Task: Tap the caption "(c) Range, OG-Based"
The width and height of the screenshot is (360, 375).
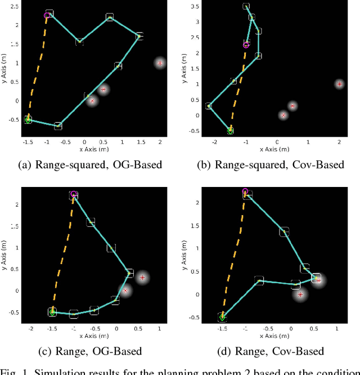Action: (90, 351)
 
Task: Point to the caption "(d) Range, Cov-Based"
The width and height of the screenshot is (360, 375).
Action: (271, 351)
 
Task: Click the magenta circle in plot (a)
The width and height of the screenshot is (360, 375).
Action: (47, 16)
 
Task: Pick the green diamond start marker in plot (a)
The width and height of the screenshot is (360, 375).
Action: (28, 119)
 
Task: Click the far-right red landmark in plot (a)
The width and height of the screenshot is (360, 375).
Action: (160, 63)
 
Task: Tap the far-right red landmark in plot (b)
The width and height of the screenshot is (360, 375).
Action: (339, 84)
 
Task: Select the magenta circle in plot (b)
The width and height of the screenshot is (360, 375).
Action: (246, 44)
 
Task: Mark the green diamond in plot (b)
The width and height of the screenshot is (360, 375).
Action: (230, 131)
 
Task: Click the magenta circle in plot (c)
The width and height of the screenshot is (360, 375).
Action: (73, 195)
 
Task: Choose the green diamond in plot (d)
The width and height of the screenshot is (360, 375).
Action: (222, 318)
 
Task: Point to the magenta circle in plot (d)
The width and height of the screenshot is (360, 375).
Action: (245, 192)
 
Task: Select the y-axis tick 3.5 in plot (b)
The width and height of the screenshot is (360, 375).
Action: (195, 7)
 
